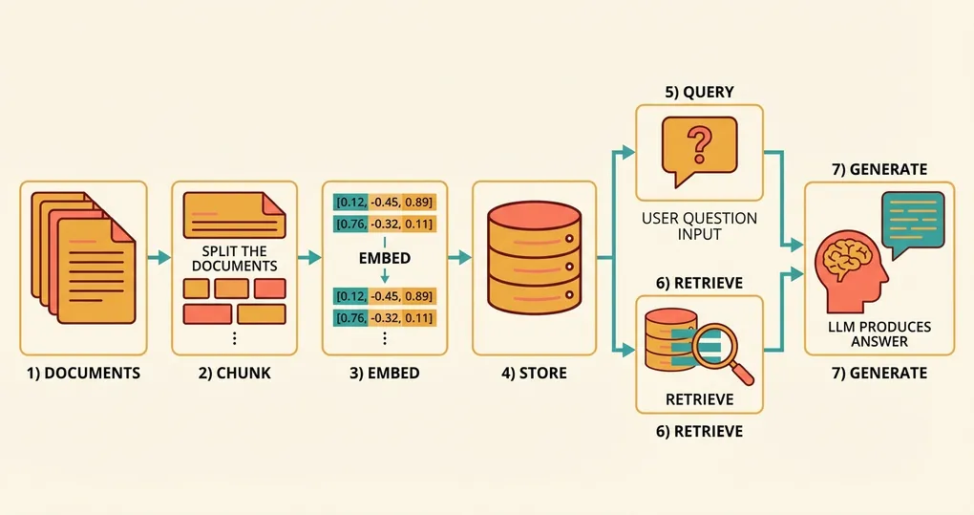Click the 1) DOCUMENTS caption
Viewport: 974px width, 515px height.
pos(84,373)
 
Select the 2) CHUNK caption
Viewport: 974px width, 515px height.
pos(234,373)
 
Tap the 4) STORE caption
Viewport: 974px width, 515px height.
pos(534,373)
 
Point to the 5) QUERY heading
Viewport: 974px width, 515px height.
pos(699,92)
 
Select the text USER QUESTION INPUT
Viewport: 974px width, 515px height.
pos(700,225)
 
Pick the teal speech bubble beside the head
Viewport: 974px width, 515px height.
pos(914,221)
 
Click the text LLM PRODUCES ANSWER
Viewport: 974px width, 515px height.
pos(880,334)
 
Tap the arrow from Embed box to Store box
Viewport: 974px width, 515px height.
pos(459,257)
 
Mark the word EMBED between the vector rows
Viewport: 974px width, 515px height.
pos(384,258)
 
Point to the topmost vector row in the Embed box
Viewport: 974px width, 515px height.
pos(384,202)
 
